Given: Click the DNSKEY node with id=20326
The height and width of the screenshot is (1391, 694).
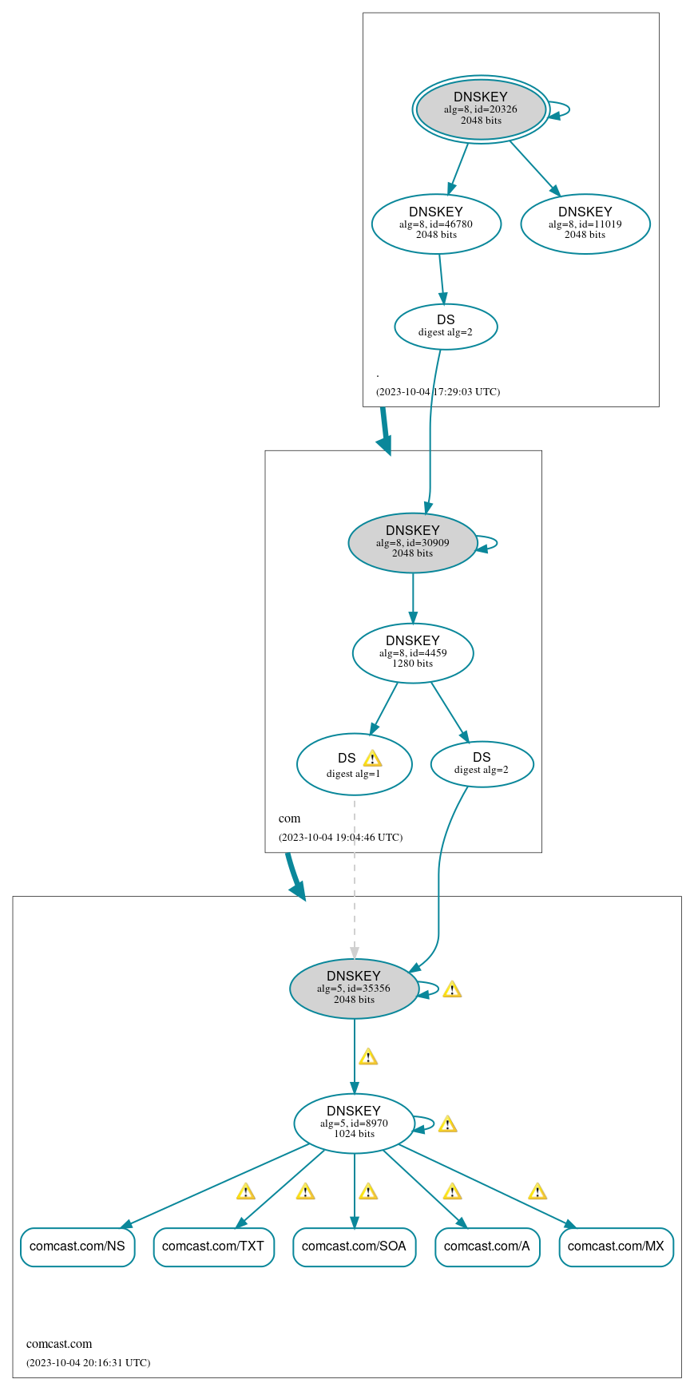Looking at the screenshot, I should tap(481, 109).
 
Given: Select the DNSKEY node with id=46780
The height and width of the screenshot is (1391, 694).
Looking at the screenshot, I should tap(436, 224).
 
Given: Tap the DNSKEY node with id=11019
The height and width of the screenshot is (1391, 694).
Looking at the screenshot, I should tap(585, 224).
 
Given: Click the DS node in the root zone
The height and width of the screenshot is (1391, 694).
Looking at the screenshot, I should tap(446, 326).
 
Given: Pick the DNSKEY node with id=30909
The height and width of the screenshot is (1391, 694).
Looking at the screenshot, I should tap(413, 542).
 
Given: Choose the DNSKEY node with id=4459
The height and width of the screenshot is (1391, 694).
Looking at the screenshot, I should tap(413, 652).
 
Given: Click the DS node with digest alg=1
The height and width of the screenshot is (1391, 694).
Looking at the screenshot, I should tap(354, 765).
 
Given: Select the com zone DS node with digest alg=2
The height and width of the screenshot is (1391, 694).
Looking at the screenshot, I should tap(482, 764).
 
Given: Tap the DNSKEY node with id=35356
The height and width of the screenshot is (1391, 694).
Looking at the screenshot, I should tap(354, 989).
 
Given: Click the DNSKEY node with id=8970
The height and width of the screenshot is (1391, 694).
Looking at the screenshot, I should tap(354, 1123).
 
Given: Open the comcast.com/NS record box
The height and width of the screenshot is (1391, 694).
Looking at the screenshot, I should tap(77, 1246).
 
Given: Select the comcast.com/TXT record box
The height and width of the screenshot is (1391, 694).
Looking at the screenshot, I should tap(213, 1246).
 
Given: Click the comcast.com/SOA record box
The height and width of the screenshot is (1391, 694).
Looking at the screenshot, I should tap(354, 1246).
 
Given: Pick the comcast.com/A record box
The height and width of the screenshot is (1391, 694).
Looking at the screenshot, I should tap(487, 1246).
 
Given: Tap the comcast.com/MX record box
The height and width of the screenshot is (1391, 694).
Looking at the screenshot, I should tap(616, 1246).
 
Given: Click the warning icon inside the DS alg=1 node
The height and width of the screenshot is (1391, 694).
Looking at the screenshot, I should tap(372, 759).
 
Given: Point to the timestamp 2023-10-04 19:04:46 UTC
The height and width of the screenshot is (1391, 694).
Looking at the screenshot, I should tap(340, 838).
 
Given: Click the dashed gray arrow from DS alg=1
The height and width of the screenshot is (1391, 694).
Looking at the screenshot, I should tap(355, 878).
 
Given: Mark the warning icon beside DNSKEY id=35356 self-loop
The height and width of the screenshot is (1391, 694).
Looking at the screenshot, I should tap(452, 990).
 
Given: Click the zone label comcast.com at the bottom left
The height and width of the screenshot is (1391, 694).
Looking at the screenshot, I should tap(59, 1344).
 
